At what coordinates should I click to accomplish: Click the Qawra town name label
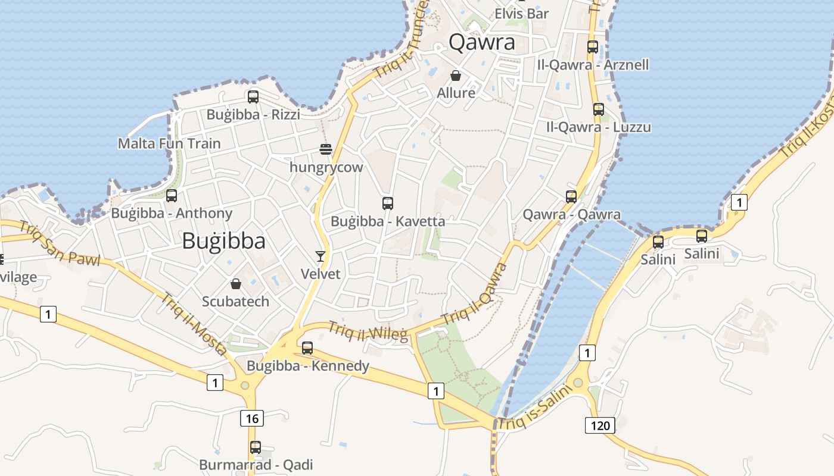pyautogui.click(x=482, y=42)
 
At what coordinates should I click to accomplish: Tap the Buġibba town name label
pyautogui.click(x=223, y=240)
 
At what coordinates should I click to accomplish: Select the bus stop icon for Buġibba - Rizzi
pyautogui.click(x=253, y=96)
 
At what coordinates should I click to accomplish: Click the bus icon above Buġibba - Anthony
pyautogui.click(x=172, y=195)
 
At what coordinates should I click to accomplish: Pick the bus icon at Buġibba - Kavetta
pyautogui.click(x=388, y=203)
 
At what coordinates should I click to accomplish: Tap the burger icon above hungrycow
pyautogui.click(x=325, y=149)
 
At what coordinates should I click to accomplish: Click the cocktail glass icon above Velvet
pyautogui.click(x=320, y=256)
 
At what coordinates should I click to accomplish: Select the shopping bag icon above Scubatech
pyautogui.click(x=236, y=283)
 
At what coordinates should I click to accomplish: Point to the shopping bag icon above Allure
pyautogui.click(x=456, y=76)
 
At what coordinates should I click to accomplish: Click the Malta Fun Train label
pyautogui.click(x=169, y=143)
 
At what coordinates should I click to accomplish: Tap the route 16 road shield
pyautogui.click(x=252, y=418)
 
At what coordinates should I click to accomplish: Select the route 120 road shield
pyautogui.click(x=600, y=425)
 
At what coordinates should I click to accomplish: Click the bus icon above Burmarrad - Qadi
pyautogui.click(x=256, y=447)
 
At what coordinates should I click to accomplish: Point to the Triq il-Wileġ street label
pyautogui.click(x=368, y=331)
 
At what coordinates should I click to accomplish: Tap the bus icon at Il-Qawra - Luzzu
pyautogui.click(x=599, y=109)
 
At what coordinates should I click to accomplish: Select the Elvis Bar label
pyautogui.click(x=522, y=13)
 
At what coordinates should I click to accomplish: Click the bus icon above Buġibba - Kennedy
pyautogui.click(x=307, y=348)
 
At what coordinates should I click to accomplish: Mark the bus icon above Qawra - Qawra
pyautogui.click(x=571, y=196)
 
